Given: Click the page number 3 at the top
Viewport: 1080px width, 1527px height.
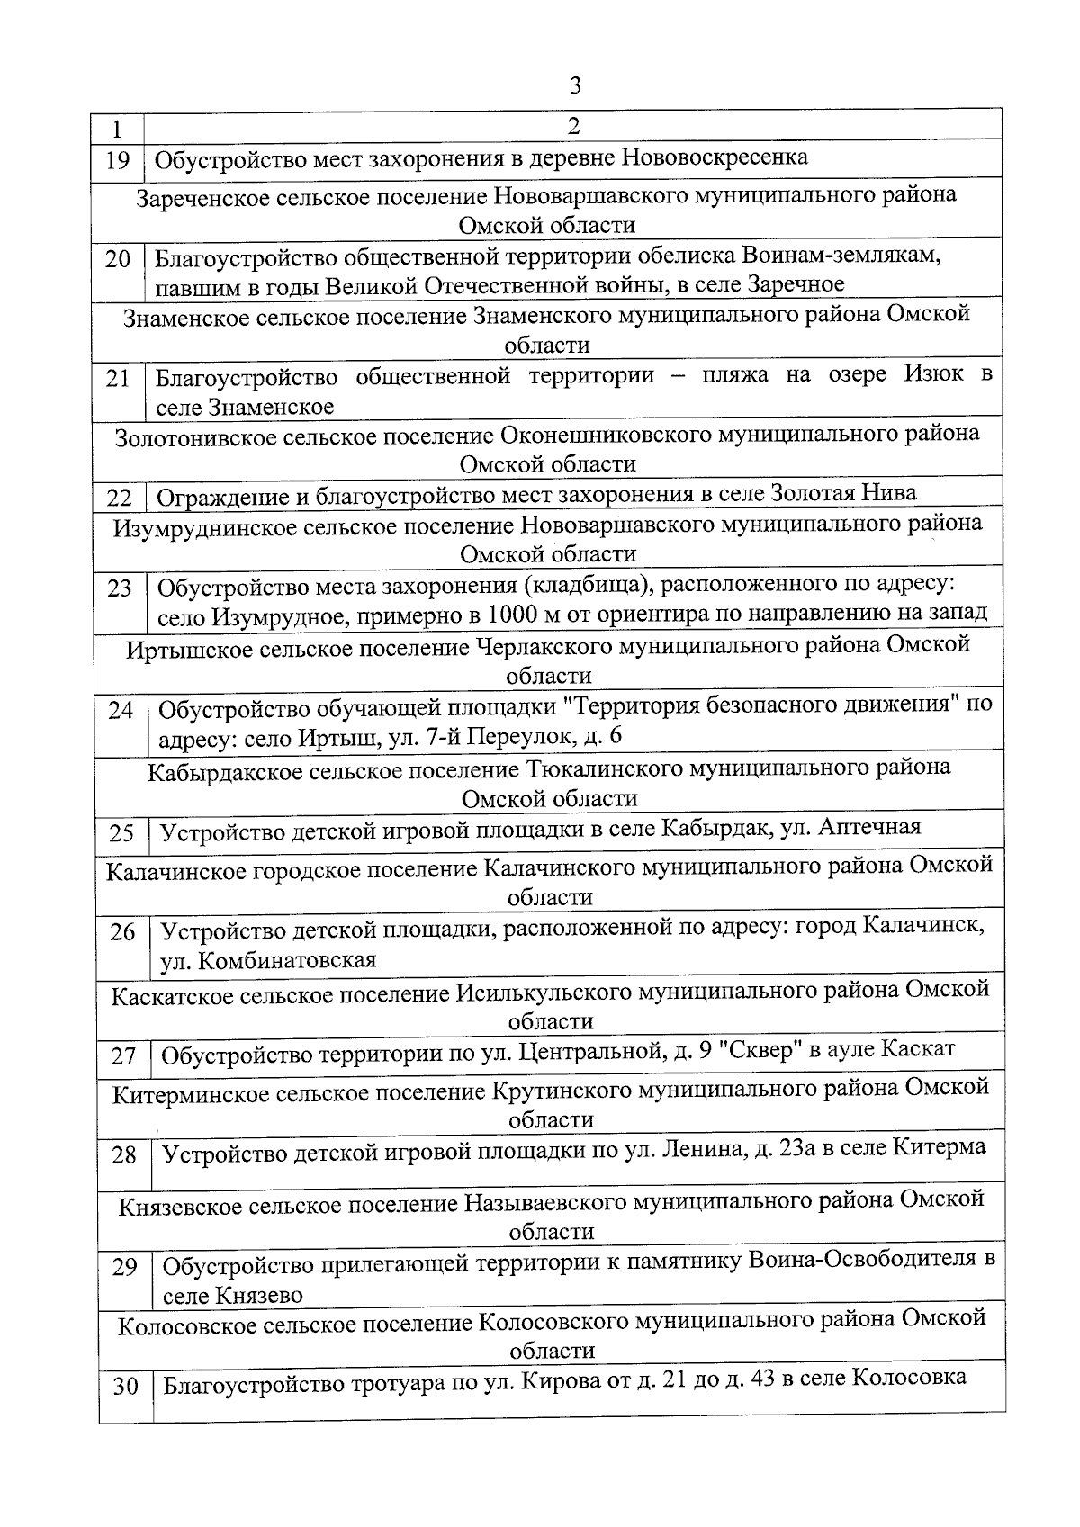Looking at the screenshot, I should pyautogui.click(x=575, y=86).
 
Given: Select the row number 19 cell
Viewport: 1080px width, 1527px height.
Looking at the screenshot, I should pyautogui.click(x=118, y=161).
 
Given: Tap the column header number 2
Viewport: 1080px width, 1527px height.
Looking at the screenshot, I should pyautogui.click(x=573, y=126).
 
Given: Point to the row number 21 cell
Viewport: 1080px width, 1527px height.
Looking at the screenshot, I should pyautogui.click(x=118, y=379).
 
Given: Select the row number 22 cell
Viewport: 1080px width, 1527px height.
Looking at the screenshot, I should pyautogui.click(x=119, y=498).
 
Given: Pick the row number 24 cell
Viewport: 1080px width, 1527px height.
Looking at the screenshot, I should pyautogui.click(x=121, y=710).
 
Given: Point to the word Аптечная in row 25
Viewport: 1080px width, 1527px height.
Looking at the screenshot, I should pyautogui.click(x=869, y=828).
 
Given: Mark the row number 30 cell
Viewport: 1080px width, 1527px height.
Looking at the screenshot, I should pyautogui.click(x=125, y=1387).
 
